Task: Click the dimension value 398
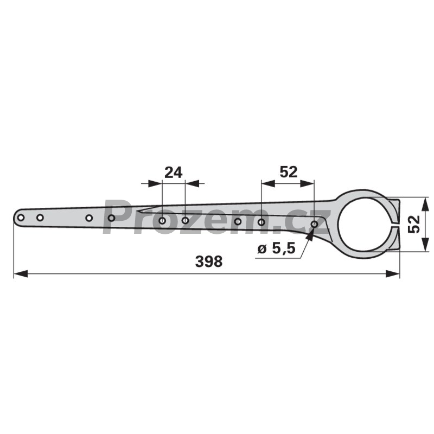pyautogui.click(x=209, y=261)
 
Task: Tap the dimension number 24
pyautogui.click(x=173, y=173)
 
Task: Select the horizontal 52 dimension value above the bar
pyautogui.click(x=289, y=172)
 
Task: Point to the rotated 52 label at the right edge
pyautogui.click(x=414, y=224)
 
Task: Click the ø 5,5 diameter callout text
pyautogui.click(x=277, y=249)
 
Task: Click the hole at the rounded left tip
pyautogui.click(x=20, y=218)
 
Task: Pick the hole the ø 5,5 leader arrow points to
pyautogui.click(x=314, y=224)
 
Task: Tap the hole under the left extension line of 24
pyautogui.click(x=162, y=221)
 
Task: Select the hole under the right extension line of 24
pyautogui.click(x=185, y=221)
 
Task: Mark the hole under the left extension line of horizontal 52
pyautogui.click(x=261, y=222)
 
